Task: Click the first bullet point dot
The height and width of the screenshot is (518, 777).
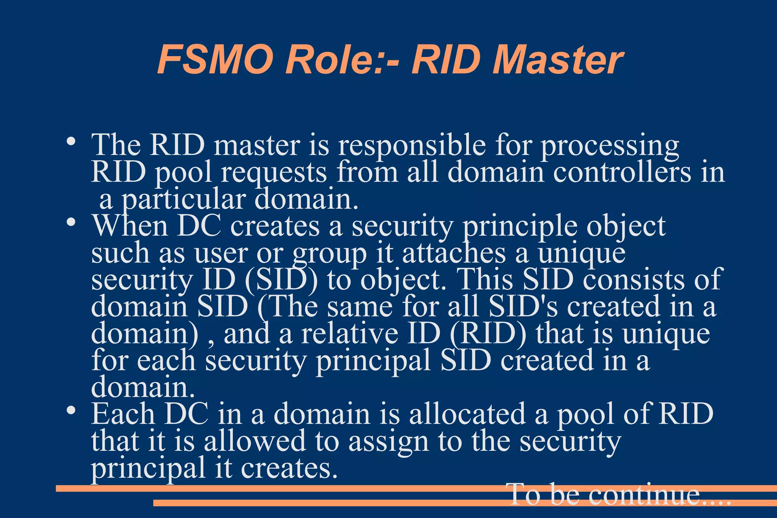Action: coord(71,142)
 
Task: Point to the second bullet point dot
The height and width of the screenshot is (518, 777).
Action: coord(71,222)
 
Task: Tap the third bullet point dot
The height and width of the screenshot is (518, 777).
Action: coord(71,410)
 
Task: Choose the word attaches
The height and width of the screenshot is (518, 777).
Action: coord(454,253)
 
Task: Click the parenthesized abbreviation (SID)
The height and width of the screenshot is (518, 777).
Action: coord(281,280)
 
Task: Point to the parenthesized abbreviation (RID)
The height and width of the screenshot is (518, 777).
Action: coord(488,334)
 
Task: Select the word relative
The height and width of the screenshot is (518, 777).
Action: coord(349,334)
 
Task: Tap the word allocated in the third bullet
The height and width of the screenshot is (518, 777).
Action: coord(467,414)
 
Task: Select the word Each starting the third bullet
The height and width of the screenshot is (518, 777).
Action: coord(123,414)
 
